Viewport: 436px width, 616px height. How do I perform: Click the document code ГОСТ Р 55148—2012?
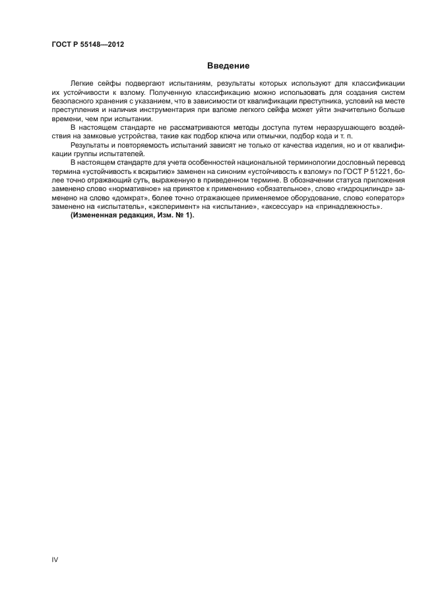coord(88,45)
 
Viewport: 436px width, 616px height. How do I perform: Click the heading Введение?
coord(228,66)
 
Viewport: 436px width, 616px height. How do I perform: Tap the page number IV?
coord(55,559)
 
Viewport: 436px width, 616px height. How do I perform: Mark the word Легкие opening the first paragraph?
coord(81,84)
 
